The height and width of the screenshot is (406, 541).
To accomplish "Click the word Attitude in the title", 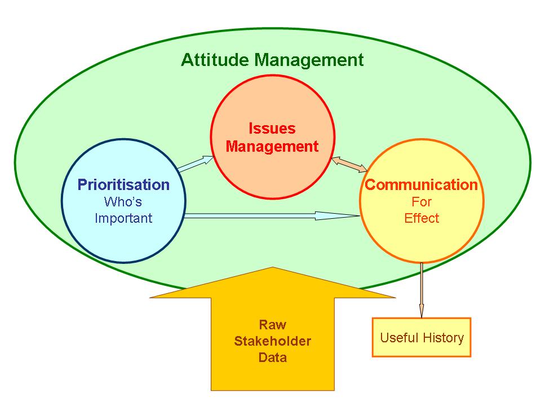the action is [x=215, y=60].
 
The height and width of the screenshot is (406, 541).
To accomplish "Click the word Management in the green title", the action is [x=309, y=60].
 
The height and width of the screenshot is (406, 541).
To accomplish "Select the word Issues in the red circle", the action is [x=272, y=129].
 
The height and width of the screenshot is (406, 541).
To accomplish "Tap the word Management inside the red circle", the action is [x=272, y=147].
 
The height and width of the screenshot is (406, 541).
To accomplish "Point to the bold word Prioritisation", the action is [x=123, y=185].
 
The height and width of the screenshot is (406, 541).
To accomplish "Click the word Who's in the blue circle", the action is [x=123, y=202].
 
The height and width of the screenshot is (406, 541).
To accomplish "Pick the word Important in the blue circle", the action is [x=123, y=218].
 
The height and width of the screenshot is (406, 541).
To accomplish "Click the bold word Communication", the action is [x=422, y=185].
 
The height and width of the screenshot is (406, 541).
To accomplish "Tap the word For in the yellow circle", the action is [x=422, y=202].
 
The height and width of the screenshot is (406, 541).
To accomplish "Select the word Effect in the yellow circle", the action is [x=422, y=218].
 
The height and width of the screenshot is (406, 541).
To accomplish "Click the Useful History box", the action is [x=422, y=337].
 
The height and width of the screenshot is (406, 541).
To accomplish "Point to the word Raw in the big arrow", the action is [x=273, y=325].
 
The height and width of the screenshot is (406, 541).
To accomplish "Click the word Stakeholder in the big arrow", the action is [x=273, y=341].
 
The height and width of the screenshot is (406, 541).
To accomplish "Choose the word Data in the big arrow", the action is [x=273, y=358].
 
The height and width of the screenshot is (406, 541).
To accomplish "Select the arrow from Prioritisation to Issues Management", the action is [x=196, y=164].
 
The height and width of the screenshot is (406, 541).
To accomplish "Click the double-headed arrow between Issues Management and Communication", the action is [x=349, y=164].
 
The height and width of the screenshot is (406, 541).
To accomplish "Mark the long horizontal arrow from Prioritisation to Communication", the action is [x=272, y=216].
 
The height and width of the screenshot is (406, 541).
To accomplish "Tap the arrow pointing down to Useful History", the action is [x=422, y=290].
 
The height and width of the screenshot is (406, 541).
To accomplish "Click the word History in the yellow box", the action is [x=444, y=338].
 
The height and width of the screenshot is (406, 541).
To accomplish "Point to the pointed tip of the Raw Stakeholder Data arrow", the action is [x=273, y=267].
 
